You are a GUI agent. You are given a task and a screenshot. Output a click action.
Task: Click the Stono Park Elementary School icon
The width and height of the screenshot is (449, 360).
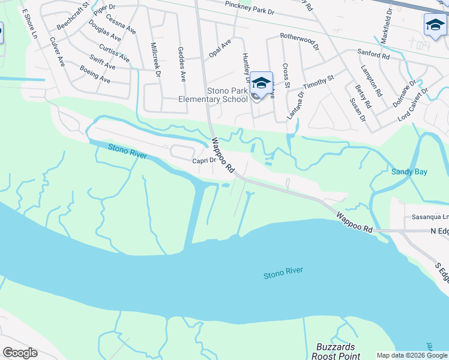[261, 83]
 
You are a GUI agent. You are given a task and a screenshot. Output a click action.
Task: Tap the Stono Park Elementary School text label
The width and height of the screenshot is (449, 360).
[227, 95]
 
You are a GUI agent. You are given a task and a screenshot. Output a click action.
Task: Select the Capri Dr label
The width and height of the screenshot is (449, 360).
[203, 160]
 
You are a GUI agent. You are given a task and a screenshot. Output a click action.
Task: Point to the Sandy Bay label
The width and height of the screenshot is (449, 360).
[409, 172]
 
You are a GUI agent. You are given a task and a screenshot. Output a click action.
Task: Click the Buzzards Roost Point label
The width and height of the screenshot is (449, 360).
[337, 352]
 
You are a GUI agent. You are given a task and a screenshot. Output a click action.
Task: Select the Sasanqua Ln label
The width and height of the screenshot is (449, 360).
[430, 217]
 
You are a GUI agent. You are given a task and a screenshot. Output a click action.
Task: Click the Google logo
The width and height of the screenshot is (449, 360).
[20, 353]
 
